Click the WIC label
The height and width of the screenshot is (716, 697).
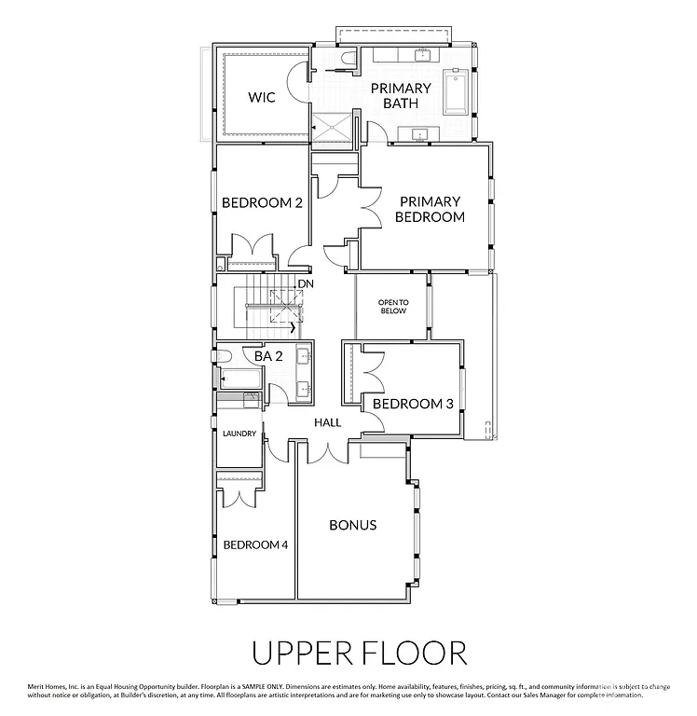tap(261, 98)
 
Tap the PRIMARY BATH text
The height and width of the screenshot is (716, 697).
tap(401, 95)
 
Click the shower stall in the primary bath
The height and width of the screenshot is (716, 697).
tap(335, 130)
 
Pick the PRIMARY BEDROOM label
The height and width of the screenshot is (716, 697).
tap(430, 209)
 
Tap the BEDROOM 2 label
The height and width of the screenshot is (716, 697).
tap(261, 202)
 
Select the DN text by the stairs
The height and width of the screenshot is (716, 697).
tap(304, 284)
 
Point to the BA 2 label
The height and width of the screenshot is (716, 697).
tap(268, 355)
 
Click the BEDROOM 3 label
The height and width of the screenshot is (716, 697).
tap(413, 404)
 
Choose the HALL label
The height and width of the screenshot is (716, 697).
tap(327, 422)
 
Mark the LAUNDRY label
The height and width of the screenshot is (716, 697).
tap(239, 434)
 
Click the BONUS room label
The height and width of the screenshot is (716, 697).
tap(353, 525)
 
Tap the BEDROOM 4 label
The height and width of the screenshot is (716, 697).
tap(254, 544)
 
